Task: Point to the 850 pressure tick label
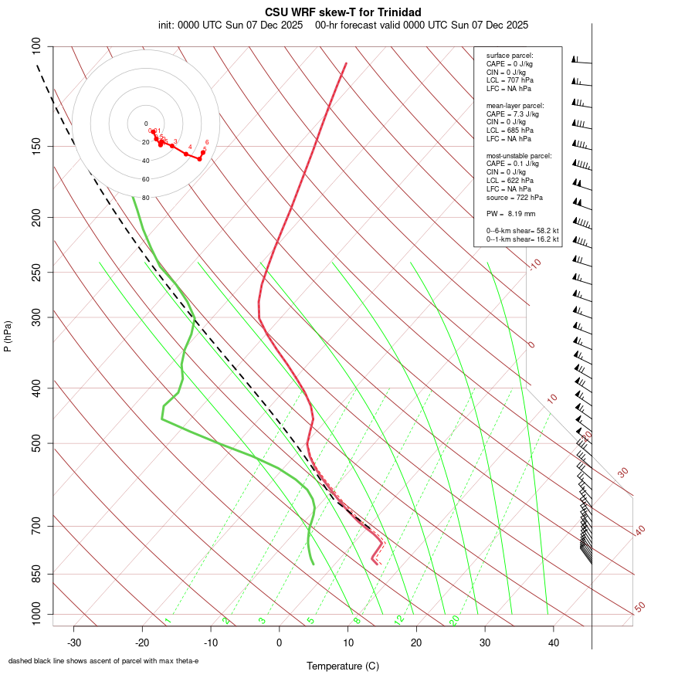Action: click(36, 575)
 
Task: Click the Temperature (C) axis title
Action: click(342, 666)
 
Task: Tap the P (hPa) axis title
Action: click(8, 337)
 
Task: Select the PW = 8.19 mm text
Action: click(510, 213)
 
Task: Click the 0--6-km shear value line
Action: click(522, 230)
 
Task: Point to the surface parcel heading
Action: click(510, 56)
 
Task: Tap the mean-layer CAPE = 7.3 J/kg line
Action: click(513, 114)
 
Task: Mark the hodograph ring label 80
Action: click(145, 198)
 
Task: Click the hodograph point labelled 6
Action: click(203, 152)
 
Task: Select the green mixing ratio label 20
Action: click(454, 620)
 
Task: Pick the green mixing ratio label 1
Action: click(167, 621)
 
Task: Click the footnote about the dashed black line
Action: click(103, 660)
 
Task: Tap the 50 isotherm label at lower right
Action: click(639, 608)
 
